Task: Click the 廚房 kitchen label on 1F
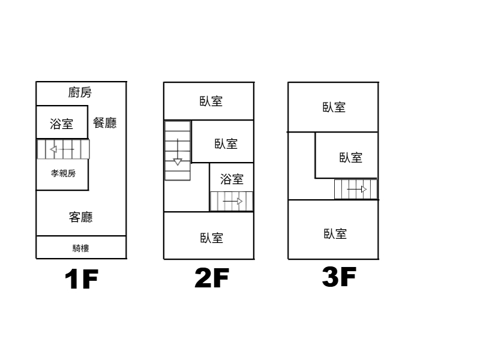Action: coord(80,92)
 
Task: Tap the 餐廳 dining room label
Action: coord(104,123)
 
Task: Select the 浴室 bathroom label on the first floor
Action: coord(62,124)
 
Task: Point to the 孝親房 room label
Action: coord(63,173)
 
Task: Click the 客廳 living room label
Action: coord(81,217)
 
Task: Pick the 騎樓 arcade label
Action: coord(81,248)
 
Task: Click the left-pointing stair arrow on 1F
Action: coord(62,149)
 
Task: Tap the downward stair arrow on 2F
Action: coord(178,152)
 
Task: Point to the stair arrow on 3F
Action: coord(357,189)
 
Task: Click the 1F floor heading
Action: coord(82,279)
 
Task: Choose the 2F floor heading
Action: coord(212,278)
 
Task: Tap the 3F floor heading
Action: coord(339,277)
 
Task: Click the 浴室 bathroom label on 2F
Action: coord(232,179)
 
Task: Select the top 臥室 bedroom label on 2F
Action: coord(211,101)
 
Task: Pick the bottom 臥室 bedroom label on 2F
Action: coord(212,238)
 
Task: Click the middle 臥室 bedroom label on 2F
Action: coord(226,143)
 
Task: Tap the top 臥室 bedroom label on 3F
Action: coord(334,107)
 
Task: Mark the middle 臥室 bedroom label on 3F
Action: coord(351,158)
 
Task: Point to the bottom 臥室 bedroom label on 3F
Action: coord(335,234)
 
